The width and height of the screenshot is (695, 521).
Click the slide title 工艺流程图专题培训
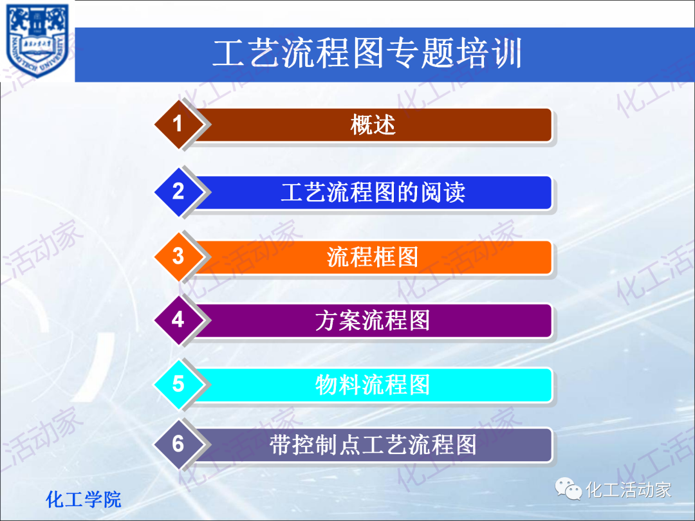[366, 54]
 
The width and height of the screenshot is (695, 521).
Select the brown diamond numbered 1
[178, 123]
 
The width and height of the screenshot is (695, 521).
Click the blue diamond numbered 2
[178, 192]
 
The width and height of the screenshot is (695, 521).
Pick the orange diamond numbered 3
[178, 256]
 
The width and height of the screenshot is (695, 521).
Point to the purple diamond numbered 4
[178, 320]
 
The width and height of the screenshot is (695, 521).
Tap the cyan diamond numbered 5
[178, 384]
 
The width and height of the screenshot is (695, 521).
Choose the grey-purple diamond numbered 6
[178, 444]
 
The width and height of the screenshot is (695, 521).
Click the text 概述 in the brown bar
[373, 124]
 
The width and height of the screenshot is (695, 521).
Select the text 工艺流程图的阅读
[373, 192]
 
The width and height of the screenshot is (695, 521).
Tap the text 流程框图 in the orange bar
[373, 257]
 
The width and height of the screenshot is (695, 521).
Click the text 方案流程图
[373, 320]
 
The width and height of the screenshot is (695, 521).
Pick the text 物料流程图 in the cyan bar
[373, 385]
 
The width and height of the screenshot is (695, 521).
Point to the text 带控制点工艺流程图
[373, 444]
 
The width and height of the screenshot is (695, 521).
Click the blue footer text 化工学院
[84, 499]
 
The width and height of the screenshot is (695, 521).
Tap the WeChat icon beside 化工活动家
[569, 489]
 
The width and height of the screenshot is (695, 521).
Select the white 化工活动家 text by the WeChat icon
[628, 489]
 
